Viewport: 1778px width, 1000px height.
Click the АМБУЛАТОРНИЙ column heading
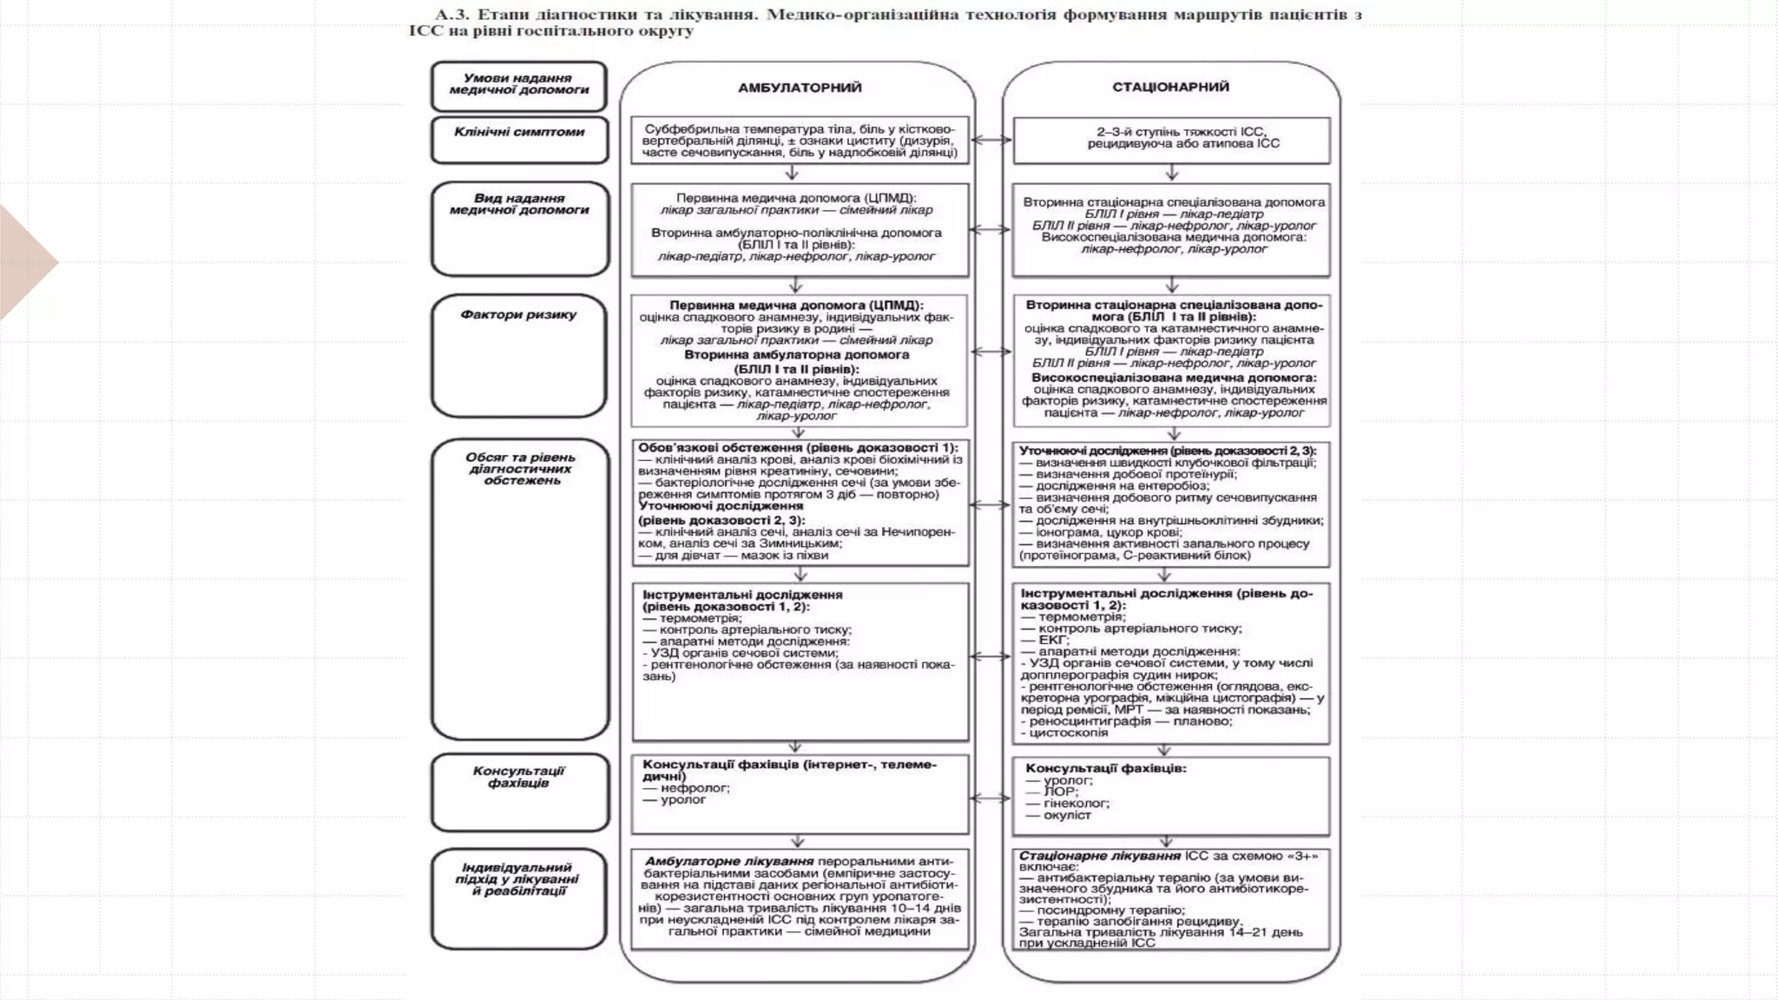click(x=799, y=88)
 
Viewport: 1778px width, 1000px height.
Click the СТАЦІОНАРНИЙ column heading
click(x=1170, y=87)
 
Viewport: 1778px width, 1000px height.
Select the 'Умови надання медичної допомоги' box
click(x=519, y=85)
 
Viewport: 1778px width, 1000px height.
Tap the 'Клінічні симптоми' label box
click(x=519, y=139)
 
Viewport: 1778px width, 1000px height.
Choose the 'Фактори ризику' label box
click(x=519, y=356)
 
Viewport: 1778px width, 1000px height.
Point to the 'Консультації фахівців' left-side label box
click(x=519, y=791)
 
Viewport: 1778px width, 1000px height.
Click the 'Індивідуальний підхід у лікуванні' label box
click(x=519, y=898)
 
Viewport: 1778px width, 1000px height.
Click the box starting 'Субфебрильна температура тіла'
click(x=800, y=141)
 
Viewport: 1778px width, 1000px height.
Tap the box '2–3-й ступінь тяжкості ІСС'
click(x=1171, y=140)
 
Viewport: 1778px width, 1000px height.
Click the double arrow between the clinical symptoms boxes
click(x=991, y=139)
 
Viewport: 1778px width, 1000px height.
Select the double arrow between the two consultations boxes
click(x=990, y=798)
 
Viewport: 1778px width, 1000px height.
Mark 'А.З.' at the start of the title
click(x=452, y=15)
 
